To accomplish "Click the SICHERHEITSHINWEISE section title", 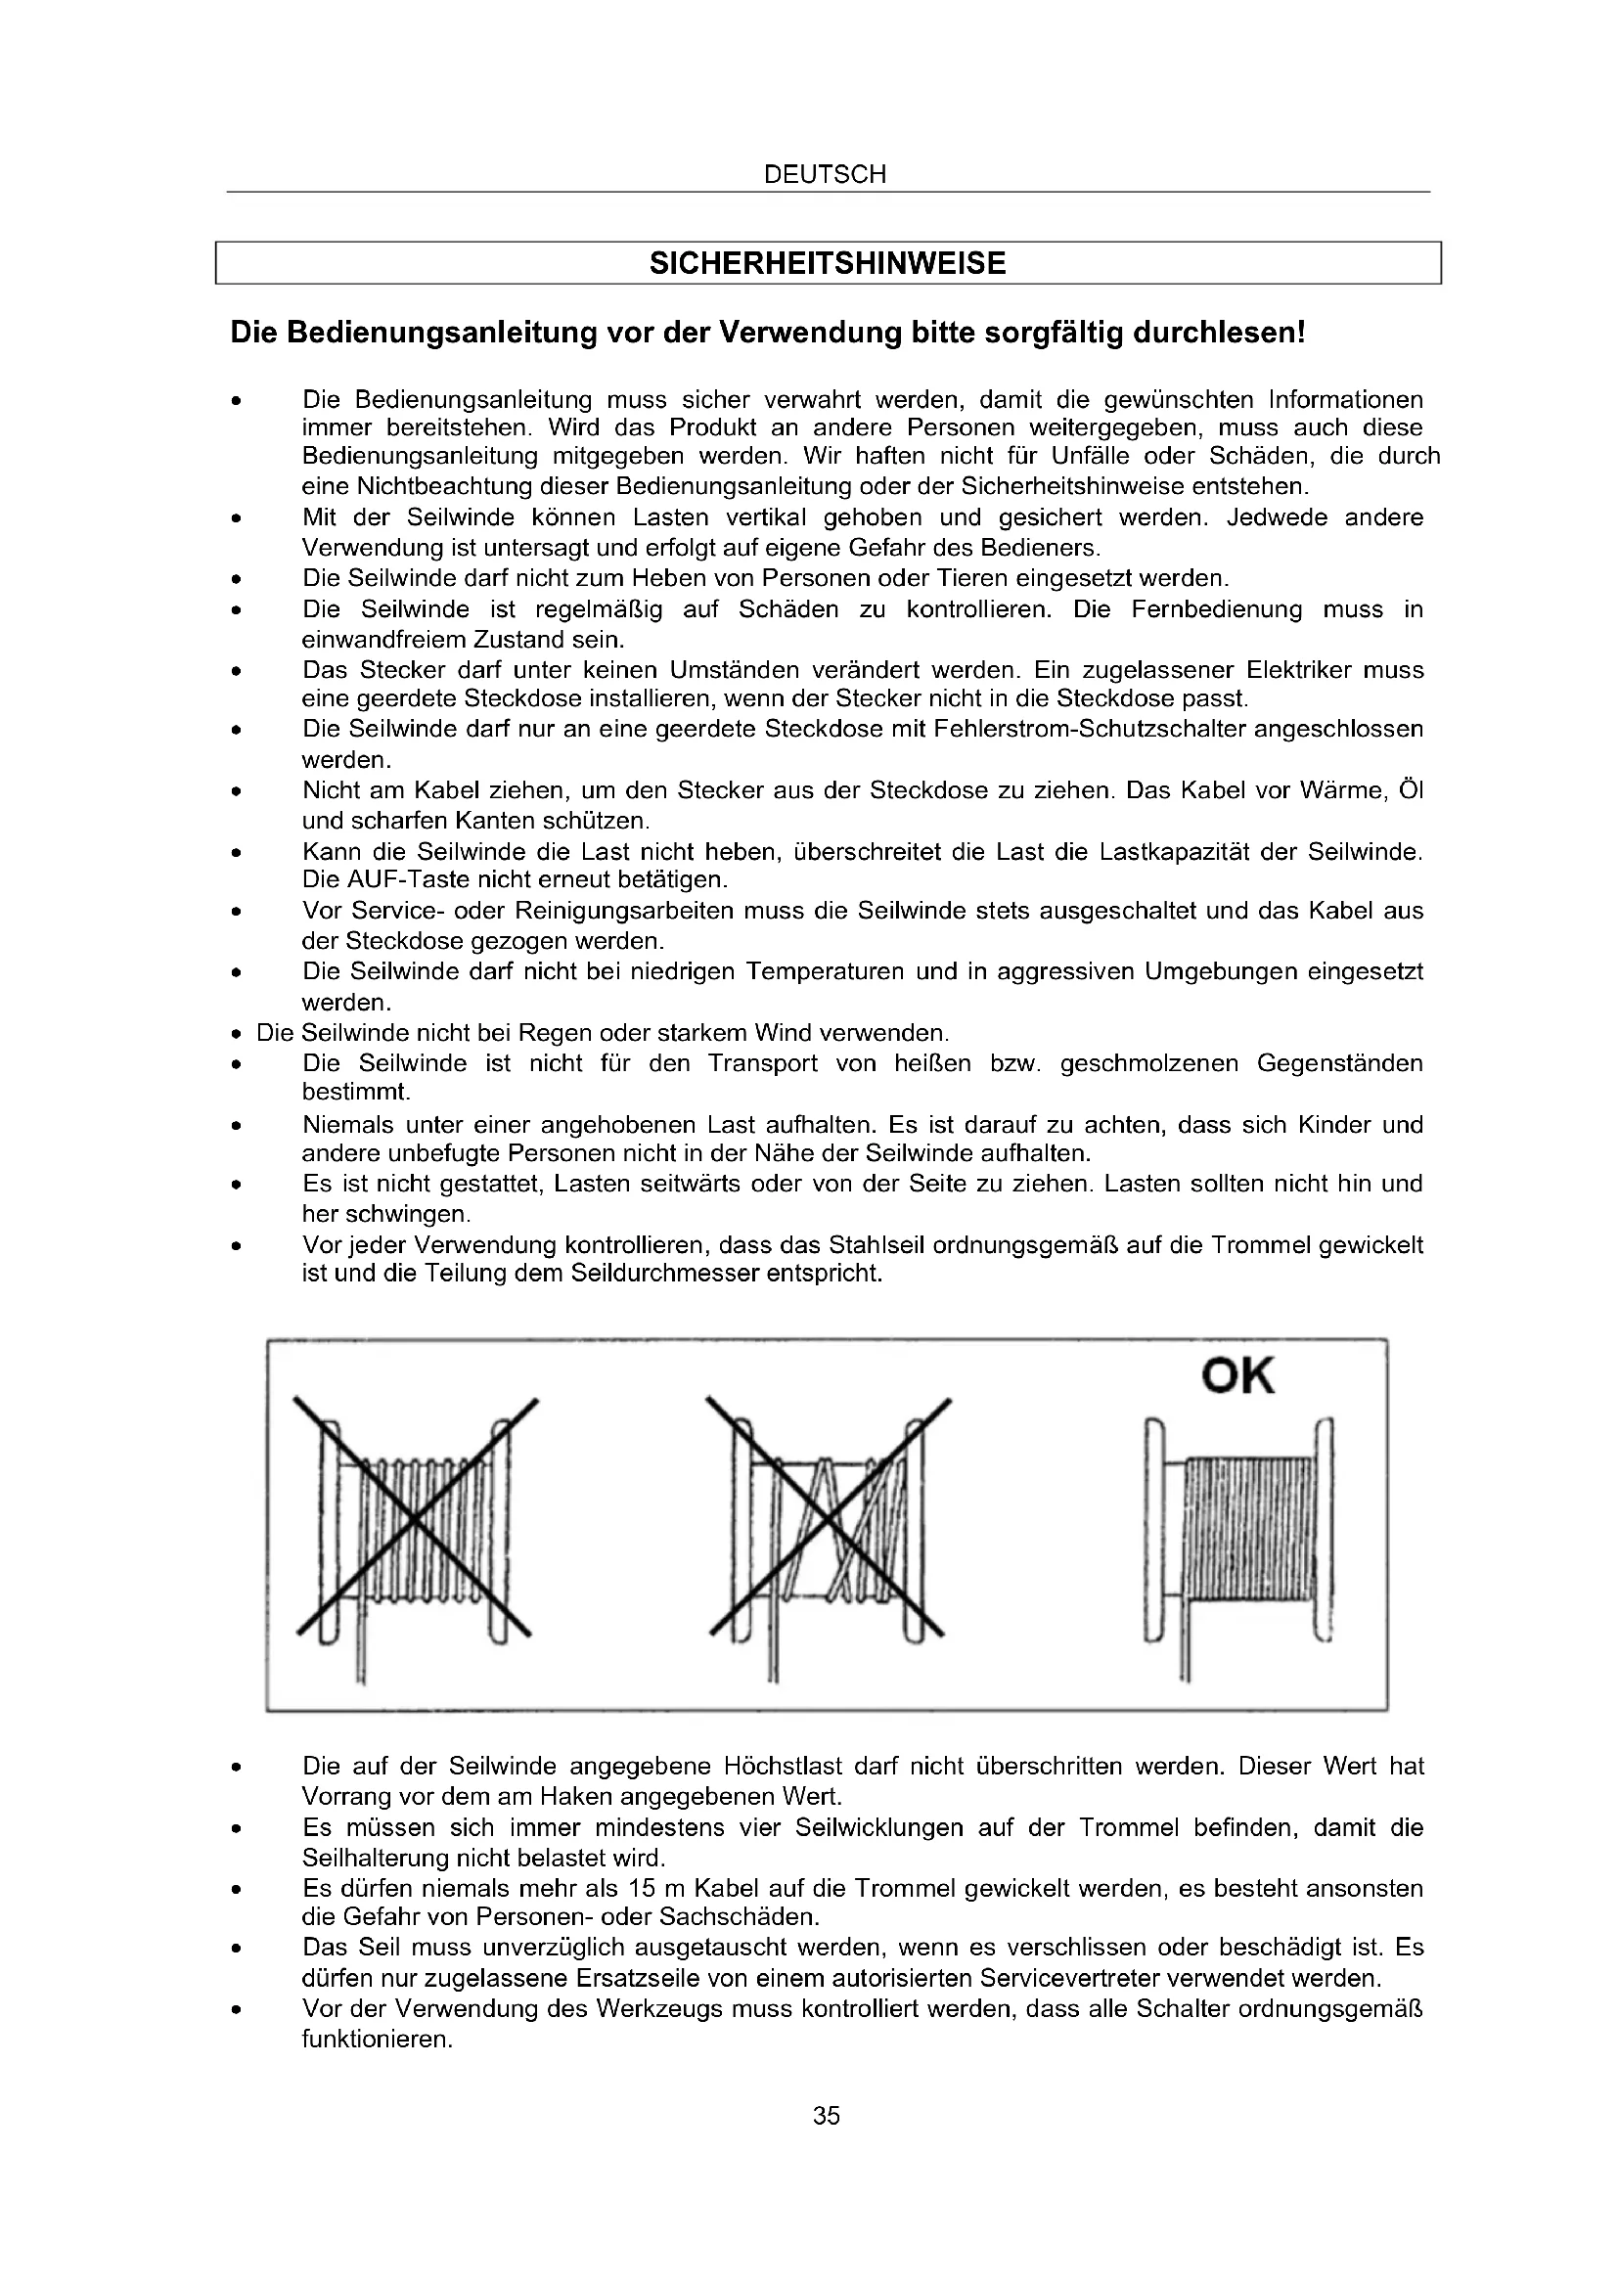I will (827, 263).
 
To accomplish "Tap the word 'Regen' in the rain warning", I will (588, 1032).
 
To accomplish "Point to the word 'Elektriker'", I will (1298, 670).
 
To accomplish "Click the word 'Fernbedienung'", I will (1217, 609).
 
